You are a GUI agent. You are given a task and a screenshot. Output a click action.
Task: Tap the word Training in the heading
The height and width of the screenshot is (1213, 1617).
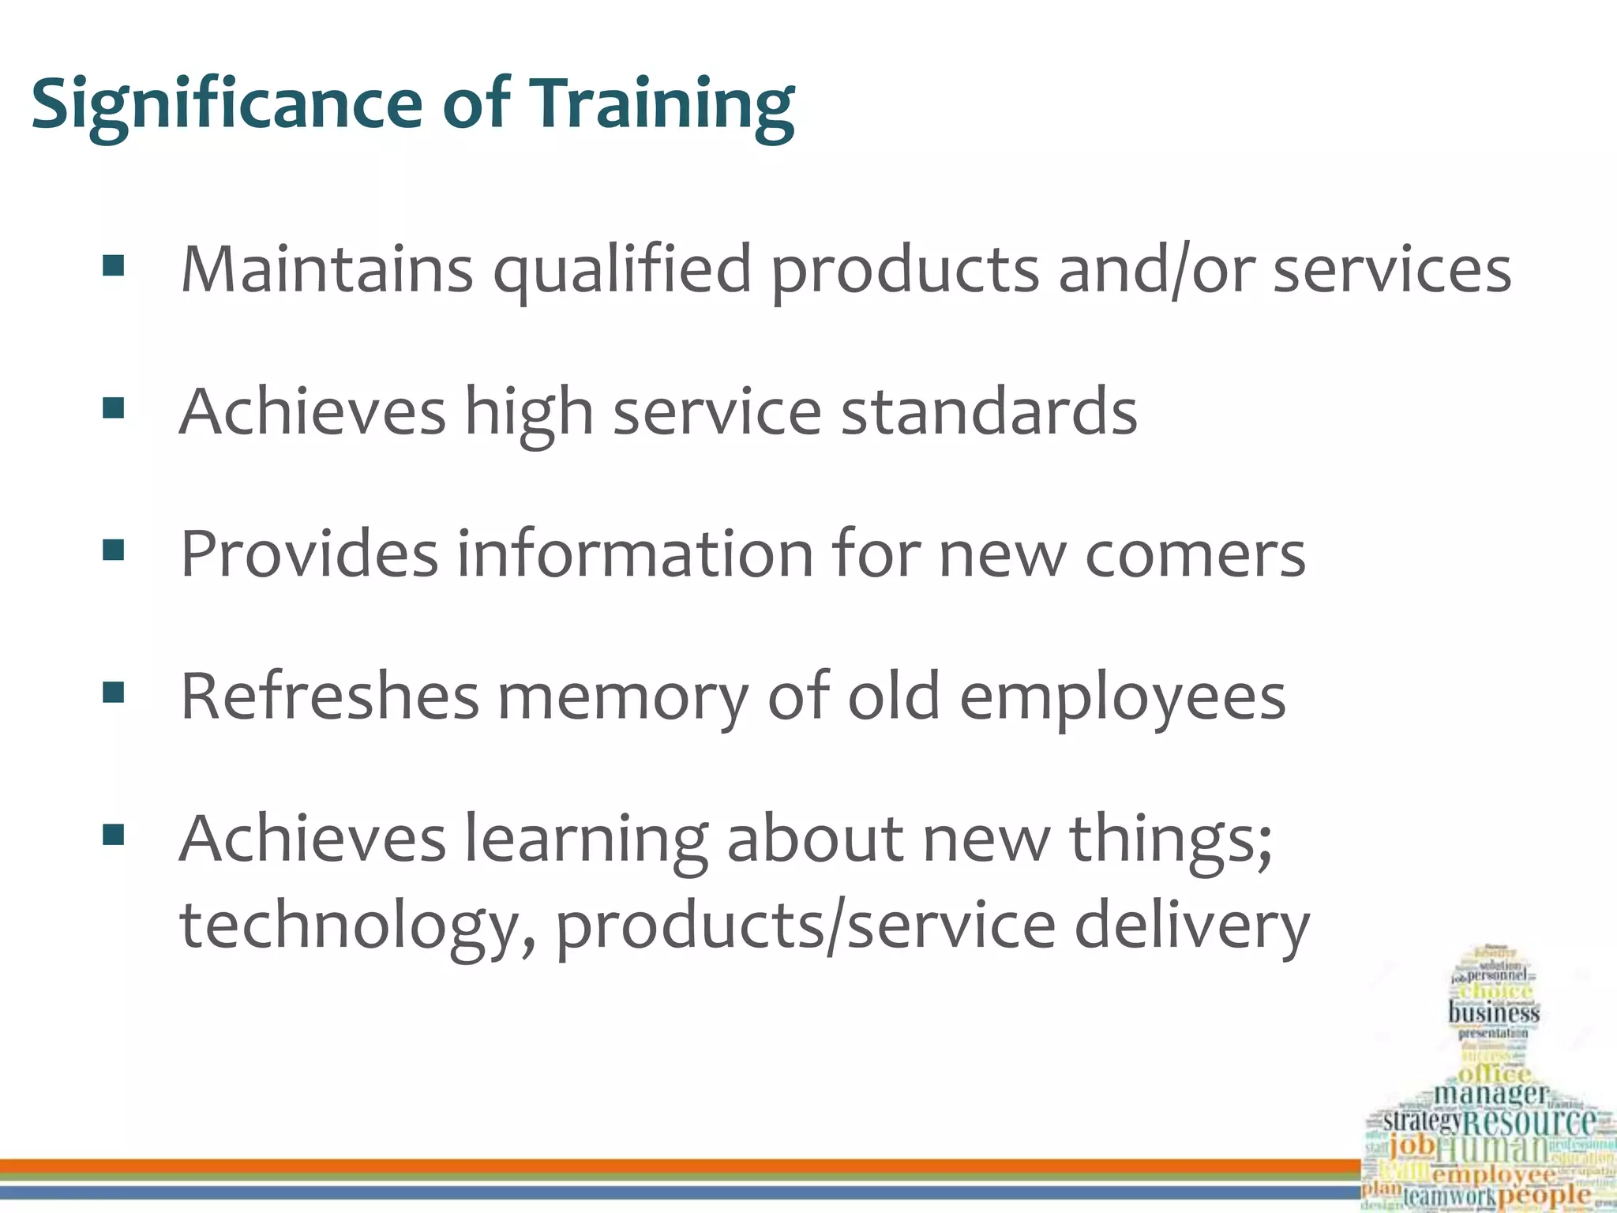coord(663,106)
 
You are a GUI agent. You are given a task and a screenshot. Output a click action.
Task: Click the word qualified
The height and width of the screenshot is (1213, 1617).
coord(622,271)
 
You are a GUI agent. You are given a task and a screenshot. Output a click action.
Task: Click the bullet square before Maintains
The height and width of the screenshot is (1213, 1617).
coord(114,267)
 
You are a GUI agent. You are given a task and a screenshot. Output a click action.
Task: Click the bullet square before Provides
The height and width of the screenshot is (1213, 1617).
coord(114,550)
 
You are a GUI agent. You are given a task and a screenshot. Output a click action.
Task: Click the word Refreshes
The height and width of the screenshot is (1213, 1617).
coord(330,696)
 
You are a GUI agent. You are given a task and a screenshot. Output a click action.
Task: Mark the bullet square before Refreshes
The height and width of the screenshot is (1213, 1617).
coord(114,693)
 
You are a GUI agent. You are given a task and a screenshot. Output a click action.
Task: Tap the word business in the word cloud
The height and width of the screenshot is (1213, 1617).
coord(1494,1013)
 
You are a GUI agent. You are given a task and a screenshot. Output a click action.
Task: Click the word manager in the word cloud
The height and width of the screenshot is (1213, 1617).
coord(1491,1095)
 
